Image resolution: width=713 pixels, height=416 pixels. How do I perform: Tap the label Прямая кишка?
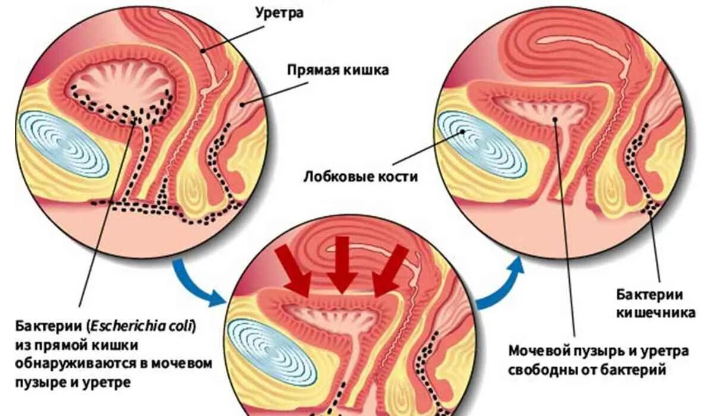point(338,71)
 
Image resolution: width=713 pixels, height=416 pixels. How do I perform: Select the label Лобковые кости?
point(361,177)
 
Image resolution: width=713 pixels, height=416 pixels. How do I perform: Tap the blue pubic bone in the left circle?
point(63,144)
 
